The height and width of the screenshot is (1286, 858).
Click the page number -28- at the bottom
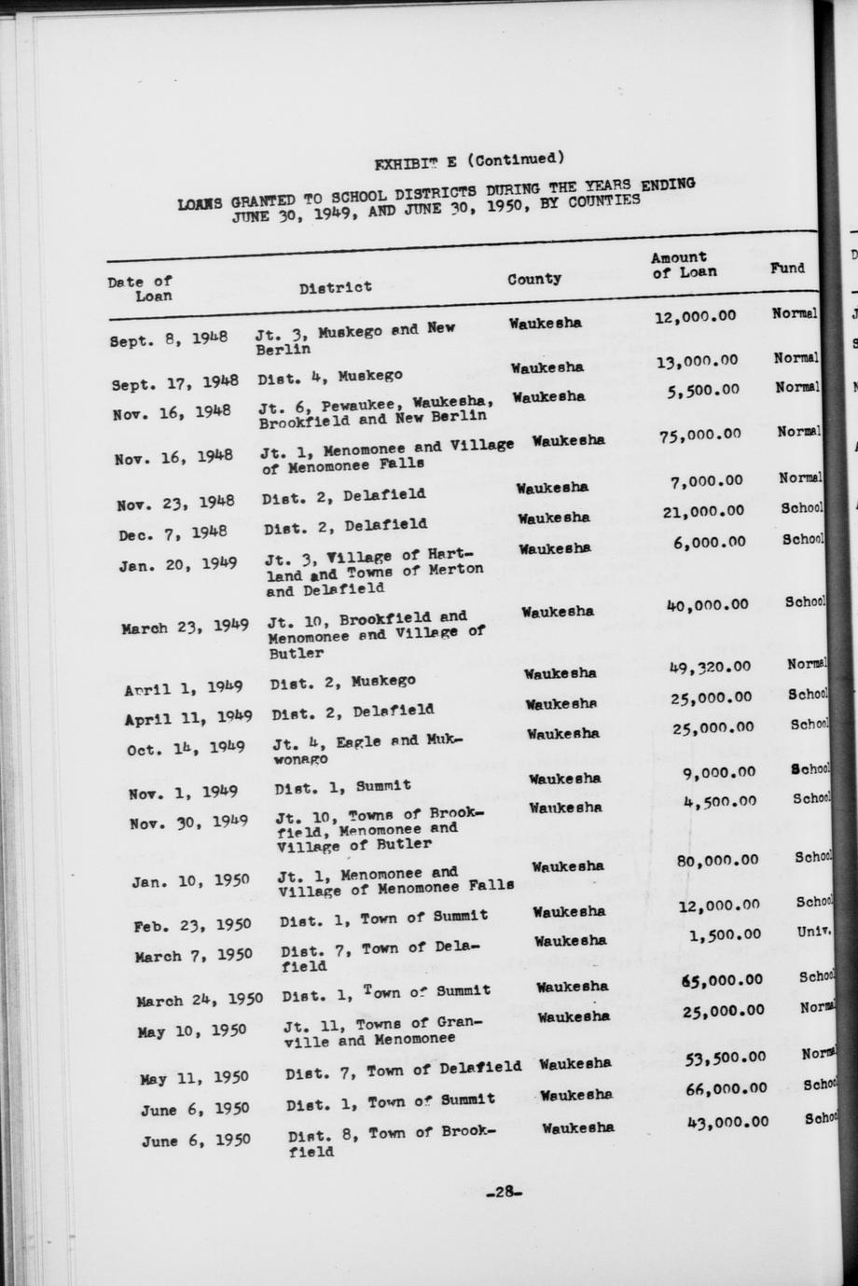tap(504, 1192)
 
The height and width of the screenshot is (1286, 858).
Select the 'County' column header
tap(534, 279)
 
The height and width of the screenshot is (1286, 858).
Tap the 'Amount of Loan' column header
tap(684, 265)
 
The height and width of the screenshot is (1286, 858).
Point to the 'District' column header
tap(335, 287)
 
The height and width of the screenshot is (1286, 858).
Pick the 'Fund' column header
tap(787, 268)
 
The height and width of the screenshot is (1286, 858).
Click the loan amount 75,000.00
tap(699, 434)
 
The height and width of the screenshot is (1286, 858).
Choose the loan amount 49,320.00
tap(710, 666)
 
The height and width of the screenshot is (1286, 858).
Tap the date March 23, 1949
tap(185, 627)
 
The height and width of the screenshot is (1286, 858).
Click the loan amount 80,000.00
tap(717, 860)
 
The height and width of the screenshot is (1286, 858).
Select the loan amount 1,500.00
tap(726, 934)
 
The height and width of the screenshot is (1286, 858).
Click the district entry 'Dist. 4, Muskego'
tap(330, 376)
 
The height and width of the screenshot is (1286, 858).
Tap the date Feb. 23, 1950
tap(191, 925)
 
